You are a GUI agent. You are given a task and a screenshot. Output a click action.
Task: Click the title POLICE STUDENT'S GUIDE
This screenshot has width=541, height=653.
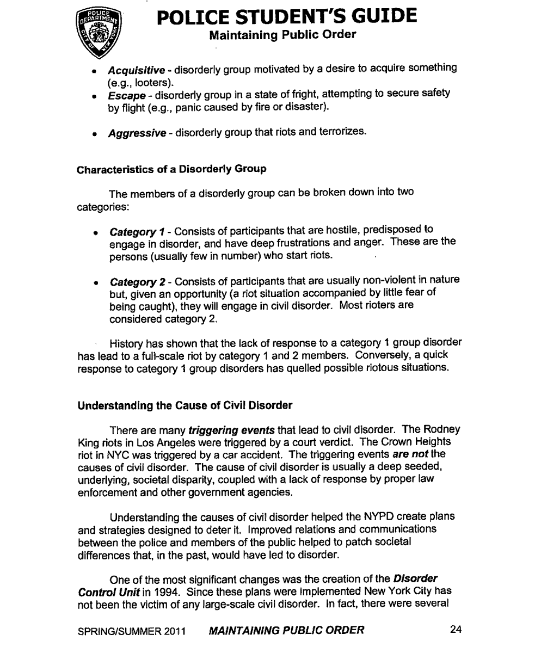pyautogui.click(x=287, y=17)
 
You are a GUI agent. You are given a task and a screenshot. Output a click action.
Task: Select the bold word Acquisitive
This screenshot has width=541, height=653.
pyautogui.click(x=136, y=70)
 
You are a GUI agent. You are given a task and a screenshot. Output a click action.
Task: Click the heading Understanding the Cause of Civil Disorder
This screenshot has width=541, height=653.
pyautogui.click(x=186, y=405)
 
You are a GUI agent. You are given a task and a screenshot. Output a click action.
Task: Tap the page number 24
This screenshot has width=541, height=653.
pyautogui.click(x=456, y=630)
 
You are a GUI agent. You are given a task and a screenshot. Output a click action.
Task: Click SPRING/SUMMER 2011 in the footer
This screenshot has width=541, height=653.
pyautogui.click(x=132, y=631)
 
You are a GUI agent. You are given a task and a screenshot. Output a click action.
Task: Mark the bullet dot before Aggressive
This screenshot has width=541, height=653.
pyautogui.click(x=95, y=132)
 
